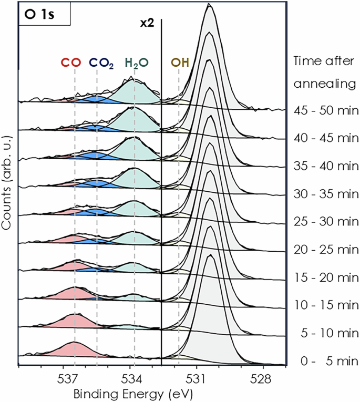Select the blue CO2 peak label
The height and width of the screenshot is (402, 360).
(x=101, y=63)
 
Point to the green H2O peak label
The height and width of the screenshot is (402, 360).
(x=136, y=63)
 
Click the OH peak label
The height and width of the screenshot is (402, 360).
(x=180, y=63)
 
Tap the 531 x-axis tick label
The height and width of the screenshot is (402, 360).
(x=197, y=377)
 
